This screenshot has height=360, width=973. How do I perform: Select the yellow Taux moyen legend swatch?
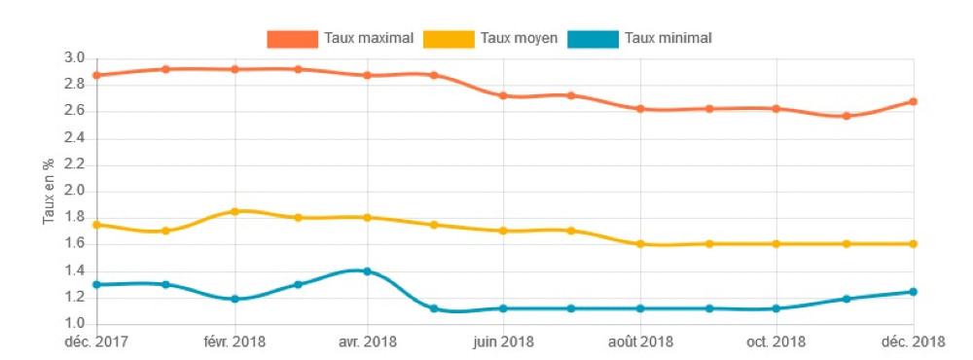point(450,39)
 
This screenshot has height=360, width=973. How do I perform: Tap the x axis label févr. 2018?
point(234,342)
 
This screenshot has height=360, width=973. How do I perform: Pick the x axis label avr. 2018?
point(367,342)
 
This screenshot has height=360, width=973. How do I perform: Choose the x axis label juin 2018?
point(503,342)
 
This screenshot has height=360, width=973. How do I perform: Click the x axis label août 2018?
point(640,342)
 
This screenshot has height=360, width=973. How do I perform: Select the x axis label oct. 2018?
point(776,342)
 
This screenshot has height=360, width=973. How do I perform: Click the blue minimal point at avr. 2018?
point(367,271)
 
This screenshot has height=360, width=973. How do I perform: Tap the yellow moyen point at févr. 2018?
point(234,211)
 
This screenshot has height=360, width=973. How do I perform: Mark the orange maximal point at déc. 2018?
point(914,101)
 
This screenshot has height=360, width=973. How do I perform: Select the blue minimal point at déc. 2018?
point(914,291)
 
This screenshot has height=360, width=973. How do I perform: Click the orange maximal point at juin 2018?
point(503,95)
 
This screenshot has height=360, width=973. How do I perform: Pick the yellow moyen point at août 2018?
point(640,244)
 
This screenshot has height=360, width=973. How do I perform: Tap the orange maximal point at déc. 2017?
point(97,75)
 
